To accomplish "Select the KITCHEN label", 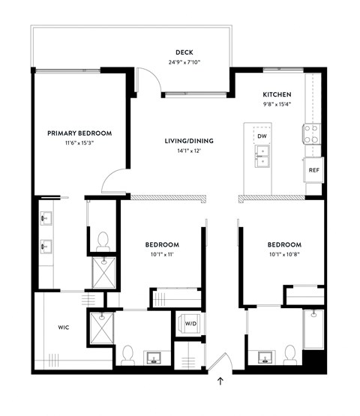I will [277, 94].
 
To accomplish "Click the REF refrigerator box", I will [313, 170].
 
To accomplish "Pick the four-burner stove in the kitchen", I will [310, 134].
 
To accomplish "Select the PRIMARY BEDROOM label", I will [79, 133].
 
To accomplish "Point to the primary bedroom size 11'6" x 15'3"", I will [79, 143].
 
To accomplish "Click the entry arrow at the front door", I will [220, 382].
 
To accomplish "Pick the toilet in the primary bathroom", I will [103, 240].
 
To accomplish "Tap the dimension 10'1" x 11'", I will [161, 255].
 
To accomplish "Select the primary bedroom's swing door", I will [114, 178].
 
